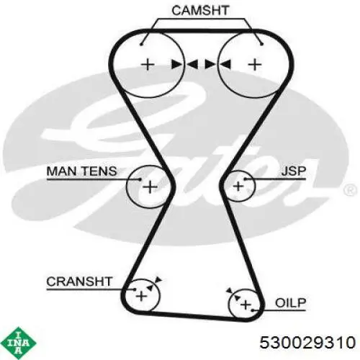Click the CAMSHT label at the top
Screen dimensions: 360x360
pyautogui.click(x=200, y=11)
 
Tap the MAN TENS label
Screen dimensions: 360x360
pyautogui.click(x=81, y=171)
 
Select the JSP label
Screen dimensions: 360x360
pyautogui.click(x=294, y=171)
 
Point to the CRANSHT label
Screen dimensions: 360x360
pyautogui.click(x=79, y=282)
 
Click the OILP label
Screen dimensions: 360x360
pyautogui.click(x=291, y=303)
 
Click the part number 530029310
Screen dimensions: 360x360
pyautogui.click(x=307, y=342)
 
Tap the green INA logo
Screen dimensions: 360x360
pyautogui.click(x=19, y=343)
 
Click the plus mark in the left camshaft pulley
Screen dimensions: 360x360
pyautogui.click(x=148, y=65)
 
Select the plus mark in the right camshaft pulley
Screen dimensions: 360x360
pyautogui.click(x=254, y=65)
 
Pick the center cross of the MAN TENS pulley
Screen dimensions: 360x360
pyautogui.click(x=150, y=187)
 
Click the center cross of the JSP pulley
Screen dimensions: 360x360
pyautogui.click(x=238, y=186)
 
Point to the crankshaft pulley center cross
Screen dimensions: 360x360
pyautogui.click(x=141, y=296)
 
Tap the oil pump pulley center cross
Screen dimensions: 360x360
pyautogui.click(x=246, y=305)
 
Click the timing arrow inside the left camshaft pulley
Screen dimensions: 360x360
pyautogui.click(x=176, y=64)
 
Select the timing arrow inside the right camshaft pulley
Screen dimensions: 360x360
pyautogui.click(x=225, y=64)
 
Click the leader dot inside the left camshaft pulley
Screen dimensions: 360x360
pyautogui.click(x=141, y=44)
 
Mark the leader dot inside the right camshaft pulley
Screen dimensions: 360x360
pyautogui.click(x=262, y=44)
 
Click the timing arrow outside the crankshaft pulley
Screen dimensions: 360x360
pyautogui.click(x=158, y=279)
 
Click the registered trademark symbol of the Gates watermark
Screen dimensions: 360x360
pyautogui.click(x=350, y=190)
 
